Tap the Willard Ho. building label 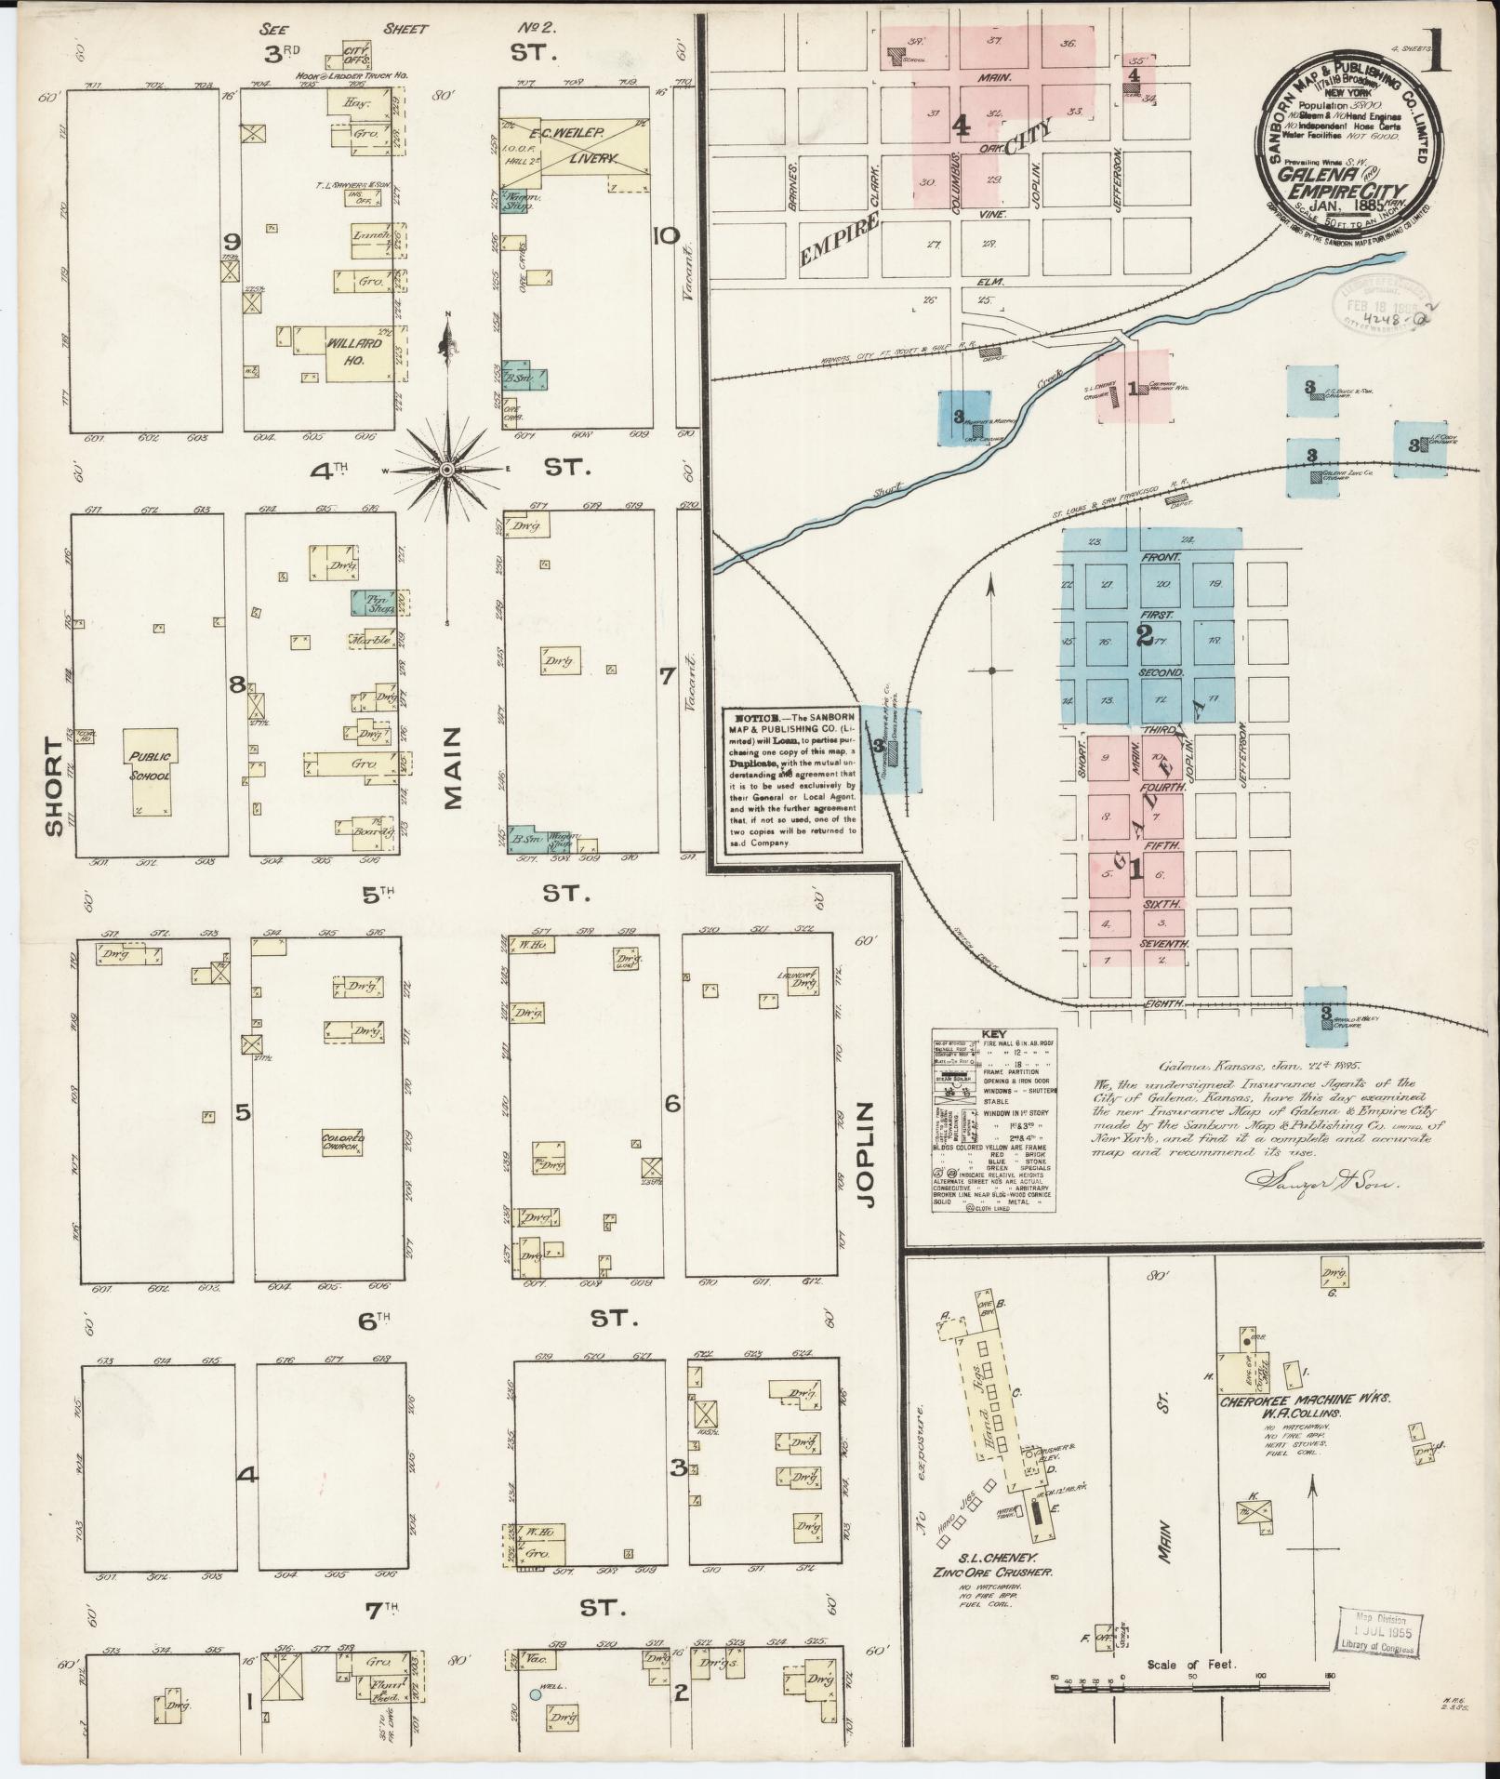(354, 342)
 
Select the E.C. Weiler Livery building (578, 149)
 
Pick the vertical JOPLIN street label (869, 1155)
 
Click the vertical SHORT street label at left (54, 787)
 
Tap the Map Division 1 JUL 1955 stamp (1379, 1633)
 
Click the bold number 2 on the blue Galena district (1144, 636)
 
